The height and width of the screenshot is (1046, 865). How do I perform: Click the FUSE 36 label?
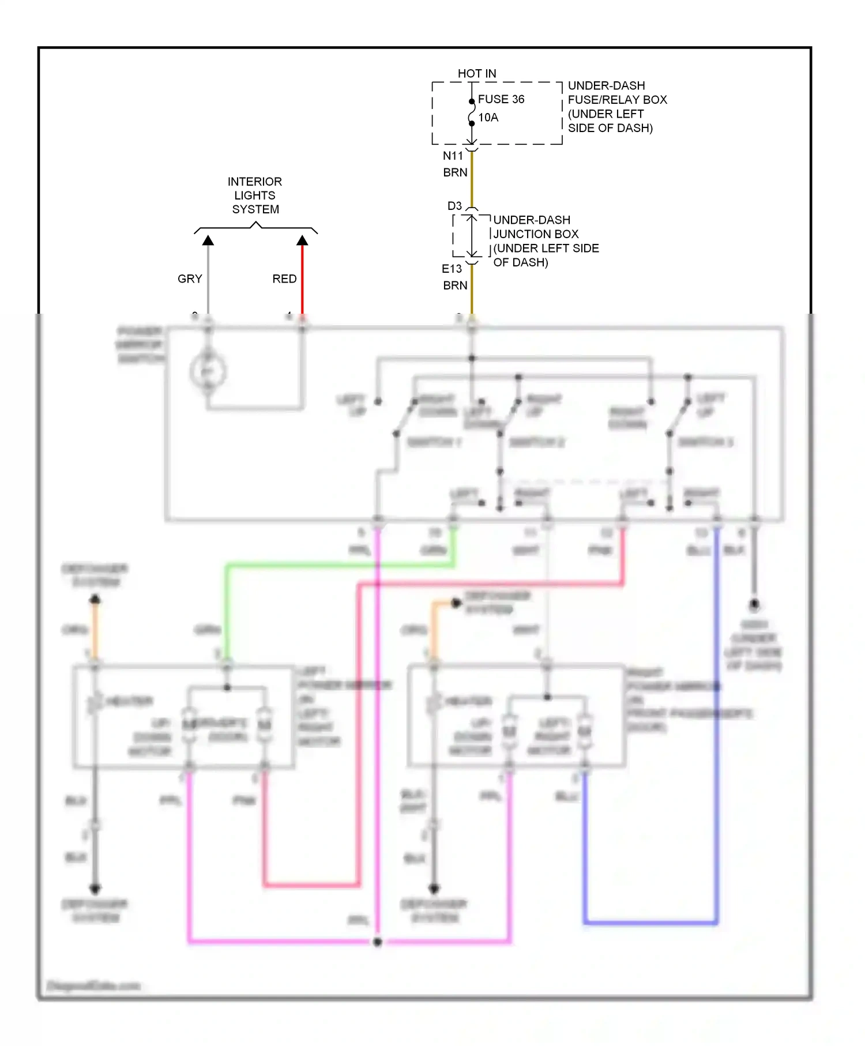coord(501,99)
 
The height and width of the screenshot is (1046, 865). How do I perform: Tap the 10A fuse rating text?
coord(488,118)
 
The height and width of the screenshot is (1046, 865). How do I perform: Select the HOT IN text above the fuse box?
coord(476,74)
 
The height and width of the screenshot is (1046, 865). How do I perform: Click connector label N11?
coord(453,156)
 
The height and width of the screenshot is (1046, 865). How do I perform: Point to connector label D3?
coord(454,206)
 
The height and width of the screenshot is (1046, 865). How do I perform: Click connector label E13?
coord(452,269)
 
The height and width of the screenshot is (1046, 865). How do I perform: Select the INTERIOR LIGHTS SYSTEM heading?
coord(255,195)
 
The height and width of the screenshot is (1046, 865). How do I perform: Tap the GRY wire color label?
coord(190,279)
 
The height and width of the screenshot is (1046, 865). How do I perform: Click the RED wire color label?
coord(284,279)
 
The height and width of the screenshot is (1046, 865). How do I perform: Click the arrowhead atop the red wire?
coord(302,240)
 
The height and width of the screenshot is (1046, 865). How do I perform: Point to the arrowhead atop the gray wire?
coord(208,240)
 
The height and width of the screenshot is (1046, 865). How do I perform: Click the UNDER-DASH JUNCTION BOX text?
coord(545,241)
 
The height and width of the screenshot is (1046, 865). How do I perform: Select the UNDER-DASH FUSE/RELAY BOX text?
coord(616,107)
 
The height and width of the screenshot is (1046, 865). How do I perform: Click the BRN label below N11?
coord(455,172)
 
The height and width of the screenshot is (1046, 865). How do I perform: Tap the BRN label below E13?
coord(455,285)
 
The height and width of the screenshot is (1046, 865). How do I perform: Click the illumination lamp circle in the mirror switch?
coord(208,371)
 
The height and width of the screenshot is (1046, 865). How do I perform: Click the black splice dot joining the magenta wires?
coord(377,942)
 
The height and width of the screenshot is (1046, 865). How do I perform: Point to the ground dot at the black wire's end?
coord(754,605)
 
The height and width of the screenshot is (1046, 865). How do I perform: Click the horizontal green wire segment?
coord(340,566)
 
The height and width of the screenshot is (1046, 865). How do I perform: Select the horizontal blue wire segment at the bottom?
coord(650,923)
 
